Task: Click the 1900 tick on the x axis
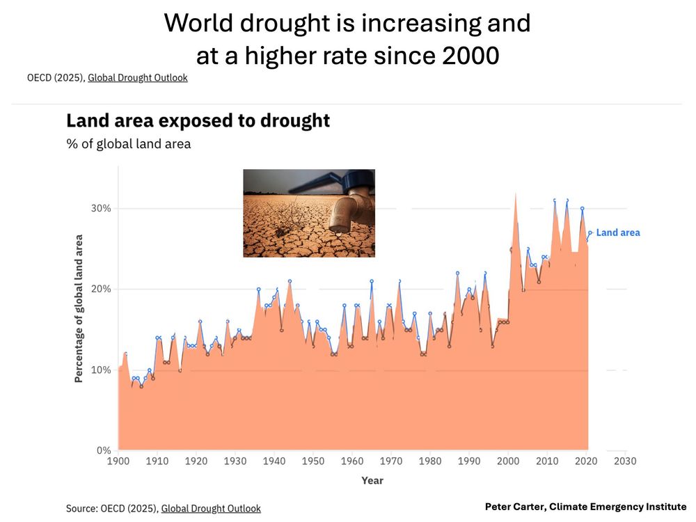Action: click(118, 461)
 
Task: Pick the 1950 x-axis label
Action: click(313, 461)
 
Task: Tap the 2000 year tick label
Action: click(508, 461)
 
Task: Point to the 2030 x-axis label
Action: click(625, 461)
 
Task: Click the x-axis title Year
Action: click(372, 480)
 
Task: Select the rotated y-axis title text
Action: click(79, 308)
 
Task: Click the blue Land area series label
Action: click(617, 232)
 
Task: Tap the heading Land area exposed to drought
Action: click(198, 120)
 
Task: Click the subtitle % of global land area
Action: click(128, 144)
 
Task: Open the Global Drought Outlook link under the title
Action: click(137, 78)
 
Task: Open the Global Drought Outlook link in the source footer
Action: click(211, 509)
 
